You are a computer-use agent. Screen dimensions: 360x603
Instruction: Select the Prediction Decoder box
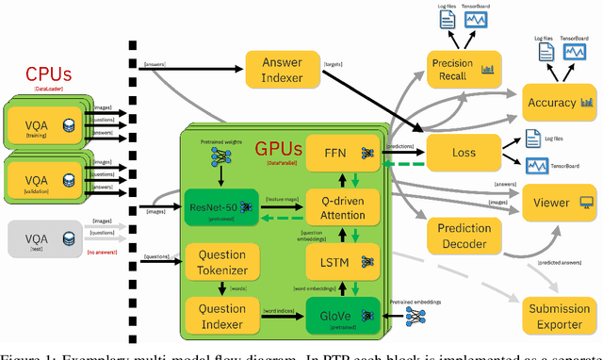464,237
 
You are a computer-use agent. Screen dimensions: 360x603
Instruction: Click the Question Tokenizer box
222,261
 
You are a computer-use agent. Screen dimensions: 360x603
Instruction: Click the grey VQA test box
42,240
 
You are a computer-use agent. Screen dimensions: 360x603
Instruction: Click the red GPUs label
281,149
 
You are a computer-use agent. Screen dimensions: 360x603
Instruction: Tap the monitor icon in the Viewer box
585,201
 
